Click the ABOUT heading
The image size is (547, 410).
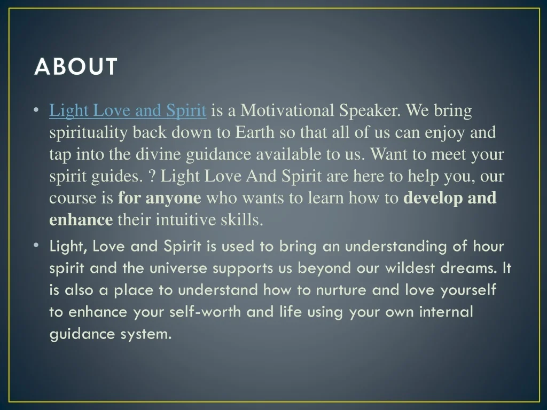pyautogui.click(x=76, y=66)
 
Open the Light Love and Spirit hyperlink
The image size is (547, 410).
pyautogui.click(x=128, y=111)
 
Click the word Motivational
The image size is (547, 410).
pyautogui.click(x=287, y=110)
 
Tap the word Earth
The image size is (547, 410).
pyautogui.click(x=255, y=132)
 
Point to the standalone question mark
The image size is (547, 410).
pyautogui.click(x=151, y=176)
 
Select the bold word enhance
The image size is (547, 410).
pyautogui.click(x=81, y=220)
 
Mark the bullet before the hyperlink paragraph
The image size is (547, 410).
pyautogui.click(x=36, y=110)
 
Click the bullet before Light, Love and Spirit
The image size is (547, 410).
pyautogui.click(x=36, y=246)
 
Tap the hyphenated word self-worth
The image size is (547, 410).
pyautogui.click(x=205, y=312)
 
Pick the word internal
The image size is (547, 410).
pyautogui.click(x=446, y=312)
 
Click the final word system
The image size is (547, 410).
pyautogui.click(x=146, y=335)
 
